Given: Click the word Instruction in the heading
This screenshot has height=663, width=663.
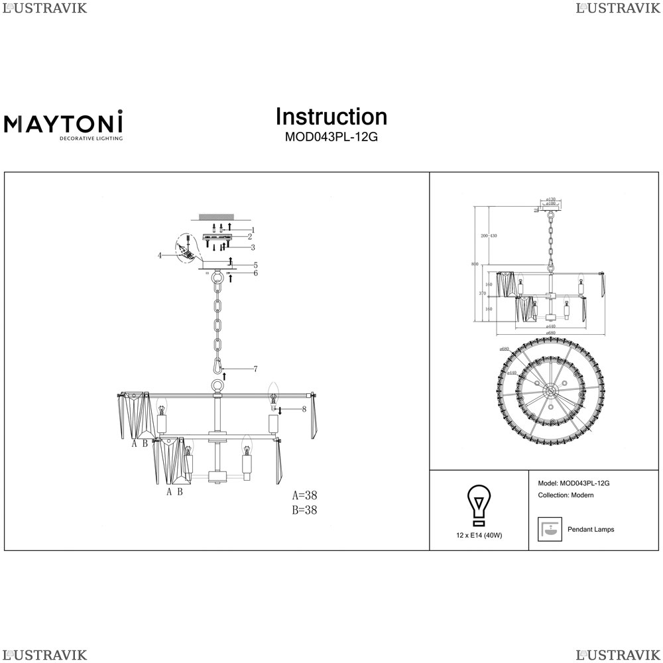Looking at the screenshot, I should point(331,117).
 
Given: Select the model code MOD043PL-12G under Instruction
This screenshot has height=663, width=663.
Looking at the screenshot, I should point(331,138).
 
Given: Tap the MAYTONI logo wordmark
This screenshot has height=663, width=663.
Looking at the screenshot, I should point(64,123).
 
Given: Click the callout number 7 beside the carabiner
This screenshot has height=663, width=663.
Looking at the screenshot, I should point(255,369).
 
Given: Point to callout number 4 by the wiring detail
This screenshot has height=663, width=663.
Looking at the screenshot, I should point(160,255).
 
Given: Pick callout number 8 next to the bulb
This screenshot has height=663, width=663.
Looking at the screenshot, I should point(304,409).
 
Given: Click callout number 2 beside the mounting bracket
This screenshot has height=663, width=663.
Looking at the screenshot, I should point(250,237).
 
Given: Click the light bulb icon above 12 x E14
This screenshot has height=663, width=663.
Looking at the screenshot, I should point(478,506).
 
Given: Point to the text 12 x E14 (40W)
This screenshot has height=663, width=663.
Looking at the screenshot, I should point(479,535).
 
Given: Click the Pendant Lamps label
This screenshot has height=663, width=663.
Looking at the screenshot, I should point(591,530).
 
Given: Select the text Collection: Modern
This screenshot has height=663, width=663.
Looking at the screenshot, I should point(566,495).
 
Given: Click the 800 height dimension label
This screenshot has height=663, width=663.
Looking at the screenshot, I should point(475,265).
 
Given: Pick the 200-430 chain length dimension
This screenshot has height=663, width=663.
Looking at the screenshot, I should point(489,236).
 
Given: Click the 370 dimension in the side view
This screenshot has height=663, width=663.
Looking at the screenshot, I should point(482,293).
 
